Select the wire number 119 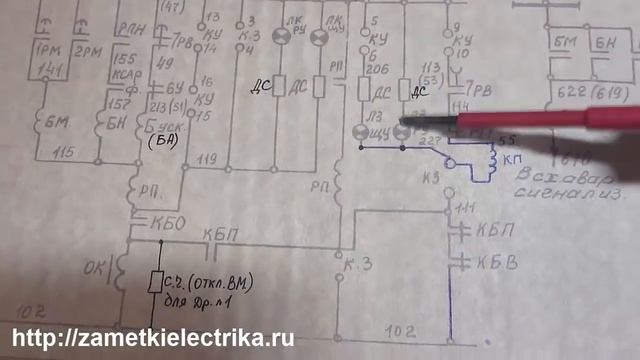pyautogui.click(x=208, y=158)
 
